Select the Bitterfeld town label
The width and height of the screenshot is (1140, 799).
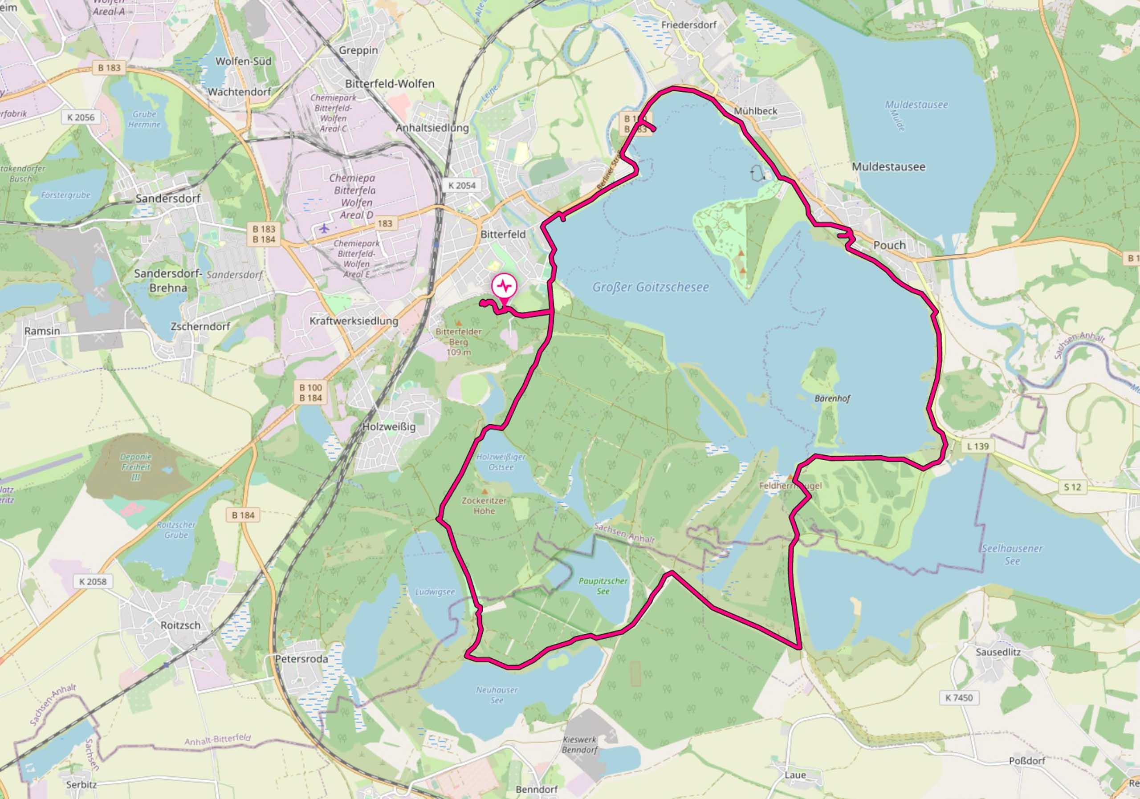tap(502, 234)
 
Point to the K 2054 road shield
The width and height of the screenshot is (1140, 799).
tap(462, 186)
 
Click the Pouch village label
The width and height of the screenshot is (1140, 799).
tap(889, 245)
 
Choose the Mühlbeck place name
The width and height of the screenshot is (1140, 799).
tap(755, 111)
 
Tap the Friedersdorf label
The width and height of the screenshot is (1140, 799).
tap(688, 25)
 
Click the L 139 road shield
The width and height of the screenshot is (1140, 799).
tap(977, 446)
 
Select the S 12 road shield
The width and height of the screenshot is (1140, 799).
tap(1072, 487)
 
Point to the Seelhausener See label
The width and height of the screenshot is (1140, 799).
tap(1012, 555)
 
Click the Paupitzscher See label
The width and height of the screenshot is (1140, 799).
tap(603, 586)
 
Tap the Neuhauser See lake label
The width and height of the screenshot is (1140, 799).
tap(497, 695)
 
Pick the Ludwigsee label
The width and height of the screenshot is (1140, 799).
tap(435, 592)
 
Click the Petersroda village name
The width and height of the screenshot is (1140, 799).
tap(301, 659)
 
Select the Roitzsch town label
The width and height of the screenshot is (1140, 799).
tap(180, 625)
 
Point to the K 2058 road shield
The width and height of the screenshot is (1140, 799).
tap(93, 582)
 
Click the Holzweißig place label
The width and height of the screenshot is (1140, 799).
tap(389, 426)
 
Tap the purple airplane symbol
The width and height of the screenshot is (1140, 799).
tap(324, 228)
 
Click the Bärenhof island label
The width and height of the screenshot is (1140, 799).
tap(832, 398)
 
